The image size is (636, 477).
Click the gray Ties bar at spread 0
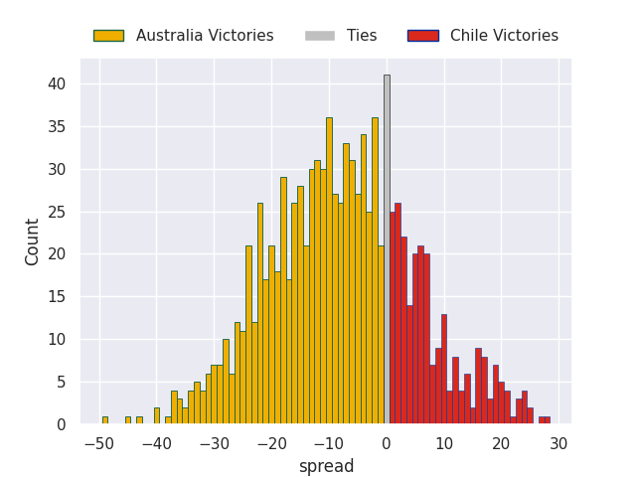pos(387,248)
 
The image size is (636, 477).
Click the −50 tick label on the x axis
pos(98,443)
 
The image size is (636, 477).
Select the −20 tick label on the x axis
pos(270,443)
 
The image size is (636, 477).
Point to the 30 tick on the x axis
pos(558,443)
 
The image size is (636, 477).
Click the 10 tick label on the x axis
pos(443,443)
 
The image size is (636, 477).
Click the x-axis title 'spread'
pos(326,466)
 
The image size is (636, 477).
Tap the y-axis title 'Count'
pos(33,241)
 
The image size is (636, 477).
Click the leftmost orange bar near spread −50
pos(104,420)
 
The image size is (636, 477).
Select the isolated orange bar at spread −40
pos(156,416)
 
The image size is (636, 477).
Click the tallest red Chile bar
pos(397,313)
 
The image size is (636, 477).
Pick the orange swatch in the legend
pos(108,36)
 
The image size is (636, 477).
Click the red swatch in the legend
pos(422,36)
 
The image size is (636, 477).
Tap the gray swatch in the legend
pos(320,36)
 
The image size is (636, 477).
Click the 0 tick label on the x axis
pos(387,443)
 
